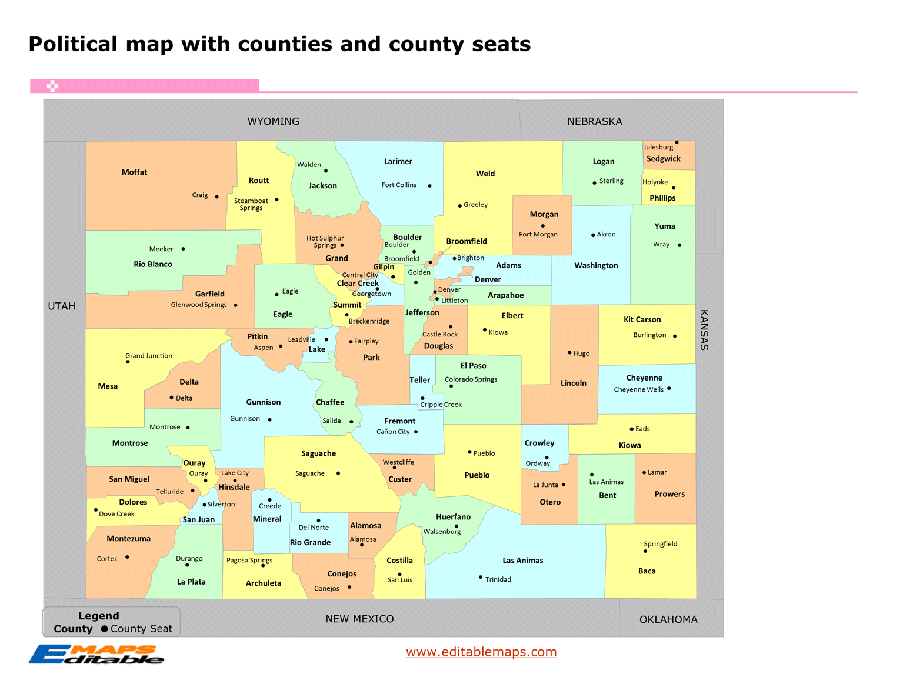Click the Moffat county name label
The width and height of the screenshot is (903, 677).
(134, 172)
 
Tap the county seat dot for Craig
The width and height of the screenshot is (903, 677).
(216, 196)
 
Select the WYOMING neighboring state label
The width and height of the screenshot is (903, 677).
(273, 121)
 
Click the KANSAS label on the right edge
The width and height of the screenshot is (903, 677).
(704, 330)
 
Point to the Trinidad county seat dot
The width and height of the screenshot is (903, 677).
(481, 577)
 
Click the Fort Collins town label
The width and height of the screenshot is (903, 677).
(399, 185)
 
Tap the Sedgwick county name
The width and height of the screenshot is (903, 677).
(663, 159)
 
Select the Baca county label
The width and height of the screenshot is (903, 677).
(647, 571)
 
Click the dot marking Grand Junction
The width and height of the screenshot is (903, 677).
(128, 362)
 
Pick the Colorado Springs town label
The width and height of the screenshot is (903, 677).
(471, 379)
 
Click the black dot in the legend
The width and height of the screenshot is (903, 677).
(104, 629)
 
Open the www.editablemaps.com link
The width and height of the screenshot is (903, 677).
(481, 652)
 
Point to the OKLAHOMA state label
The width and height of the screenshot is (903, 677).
(668, 619)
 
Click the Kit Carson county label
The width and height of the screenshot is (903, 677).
(642, 319)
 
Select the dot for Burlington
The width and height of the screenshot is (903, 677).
(675, 336)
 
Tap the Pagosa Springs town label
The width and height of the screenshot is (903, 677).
(249, 560)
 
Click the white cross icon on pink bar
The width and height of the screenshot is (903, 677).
(52, 86)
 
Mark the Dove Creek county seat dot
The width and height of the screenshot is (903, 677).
(96, 510)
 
